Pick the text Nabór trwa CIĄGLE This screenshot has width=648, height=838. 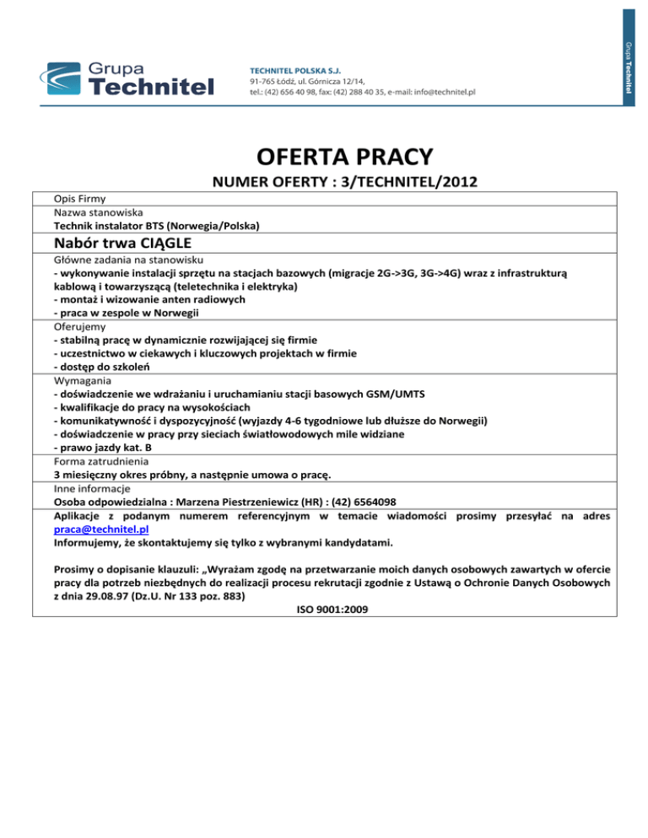coord(120,241)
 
